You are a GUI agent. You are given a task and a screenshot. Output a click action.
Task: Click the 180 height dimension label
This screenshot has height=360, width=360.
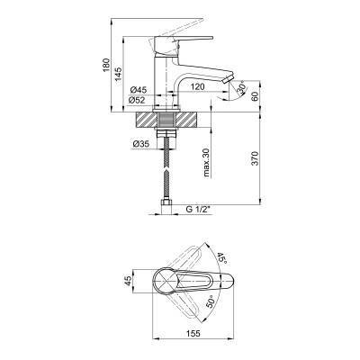pyautogui.click(x=106, y=65)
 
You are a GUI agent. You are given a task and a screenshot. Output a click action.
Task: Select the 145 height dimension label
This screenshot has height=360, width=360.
pyautogui.click(x=119, y=74)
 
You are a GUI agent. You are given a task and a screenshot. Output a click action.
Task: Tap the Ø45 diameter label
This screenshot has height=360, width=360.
pyautogui.click(x=138, y=90)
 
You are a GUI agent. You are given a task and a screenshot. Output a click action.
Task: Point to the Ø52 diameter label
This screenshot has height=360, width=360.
pyautogui.click(x=137, y=101)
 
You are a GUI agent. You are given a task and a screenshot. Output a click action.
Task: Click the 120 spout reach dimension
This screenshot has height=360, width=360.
pyautogui.click(x=198, y=87)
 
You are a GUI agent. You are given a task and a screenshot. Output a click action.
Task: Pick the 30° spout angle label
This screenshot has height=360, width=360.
pyautogui.click(x=241, y=88)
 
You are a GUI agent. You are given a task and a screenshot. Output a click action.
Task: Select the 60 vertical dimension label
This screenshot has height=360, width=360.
pyautogui.click(x=255, y=96)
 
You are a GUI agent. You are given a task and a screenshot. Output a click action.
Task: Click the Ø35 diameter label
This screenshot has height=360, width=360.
pyautogui.click(x=140, y=144)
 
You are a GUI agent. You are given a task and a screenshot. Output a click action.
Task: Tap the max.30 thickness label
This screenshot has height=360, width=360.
pyautogui.click(x=206, y=162)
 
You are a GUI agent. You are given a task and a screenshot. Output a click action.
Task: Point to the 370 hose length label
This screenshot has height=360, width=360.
pyautogui.click(x=255, y=158)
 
